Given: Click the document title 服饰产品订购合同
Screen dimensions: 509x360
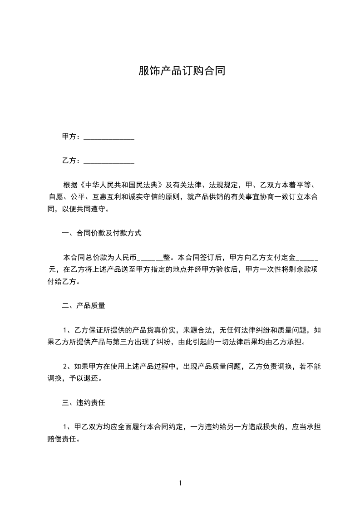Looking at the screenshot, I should coord(182,71).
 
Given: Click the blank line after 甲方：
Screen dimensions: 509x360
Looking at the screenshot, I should coord(109,137).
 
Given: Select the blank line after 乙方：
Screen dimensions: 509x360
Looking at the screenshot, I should coord(109,161).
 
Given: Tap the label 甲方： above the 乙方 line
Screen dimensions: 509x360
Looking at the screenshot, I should coord(71,137).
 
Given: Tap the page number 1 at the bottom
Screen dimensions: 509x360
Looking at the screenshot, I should coord(180,483).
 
